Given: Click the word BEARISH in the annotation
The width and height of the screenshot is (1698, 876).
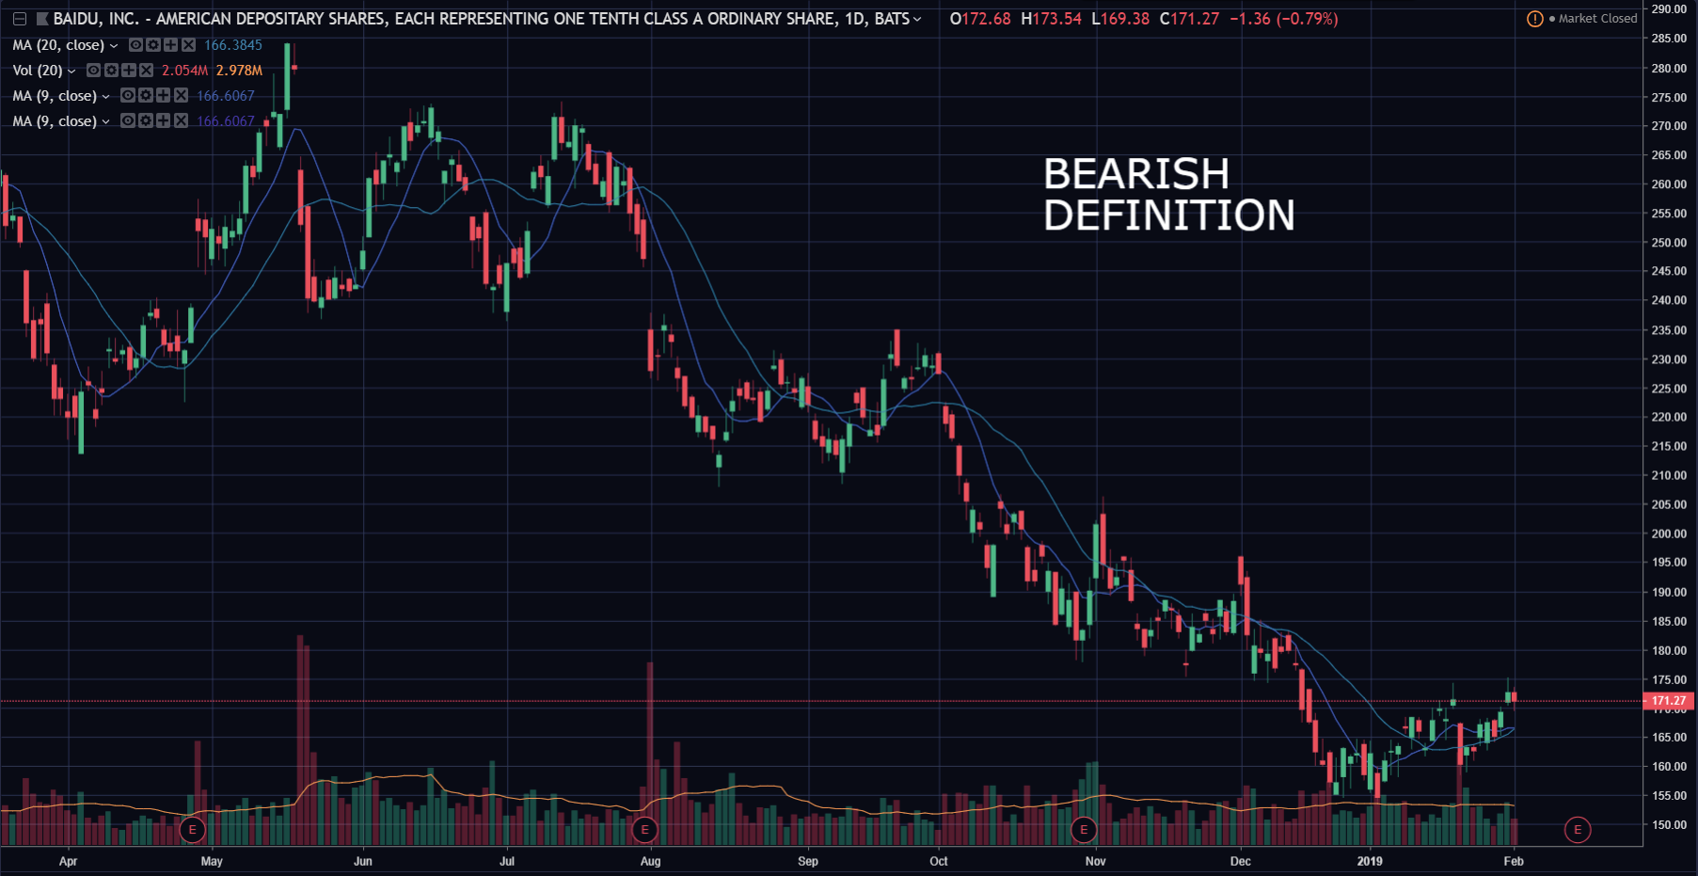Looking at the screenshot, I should click(1135, 174).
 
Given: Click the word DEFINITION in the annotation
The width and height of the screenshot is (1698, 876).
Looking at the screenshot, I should click(1168, 215).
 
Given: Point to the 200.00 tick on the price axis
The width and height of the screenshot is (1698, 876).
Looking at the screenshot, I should click(1668, 534).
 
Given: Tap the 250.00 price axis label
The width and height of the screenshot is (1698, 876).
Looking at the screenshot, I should click(1668, 243).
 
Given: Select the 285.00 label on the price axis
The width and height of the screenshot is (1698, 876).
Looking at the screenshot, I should click(1668, 39).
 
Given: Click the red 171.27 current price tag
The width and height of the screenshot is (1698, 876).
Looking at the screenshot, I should click(1668, 701).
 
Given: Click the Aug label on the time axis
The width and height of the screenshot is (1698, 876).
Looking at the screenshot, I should click(650, 861).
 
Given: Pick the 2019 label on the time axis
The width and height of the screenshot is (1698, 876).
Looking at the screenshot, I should click(1369, 861).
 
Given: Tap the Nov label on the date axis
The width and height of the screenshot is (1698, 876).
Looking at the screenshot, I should click(1095, 861).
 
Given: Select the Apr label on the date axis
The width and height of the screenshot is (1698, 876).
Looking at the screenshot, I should click(68, 861).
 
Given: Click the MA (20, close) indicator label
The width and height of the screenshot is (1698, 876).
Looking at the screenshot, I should click(58, 45).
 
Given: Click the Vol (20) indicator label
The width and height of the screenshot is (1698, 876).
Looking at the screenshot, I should click(38, 71).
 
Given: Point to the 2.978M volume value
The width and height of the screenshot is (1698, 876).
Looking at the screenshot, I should click(239, 71).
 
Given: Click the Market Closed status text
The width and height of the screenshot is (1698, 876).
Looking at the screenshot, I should click(1597, 19).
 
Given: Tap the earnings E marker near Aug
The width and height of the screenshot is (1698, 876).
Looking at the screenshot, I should click(644, 830).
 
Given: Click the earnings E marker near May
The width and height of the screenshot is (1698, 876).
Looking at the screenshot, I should click(192, 830).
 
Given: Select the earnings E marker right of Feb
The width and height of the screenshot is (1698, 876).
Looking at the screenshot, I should click(1578, 830).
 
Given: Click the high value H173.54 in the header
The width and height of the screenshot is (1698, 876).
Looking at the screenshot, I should click(1051, 19).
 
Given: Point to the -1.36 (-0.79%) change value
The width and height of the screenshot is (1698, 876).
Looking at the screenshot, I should click(1283, 19).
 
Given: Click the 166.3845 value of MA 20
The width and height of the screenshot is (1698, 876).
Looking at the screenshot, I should click(233, 45).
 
